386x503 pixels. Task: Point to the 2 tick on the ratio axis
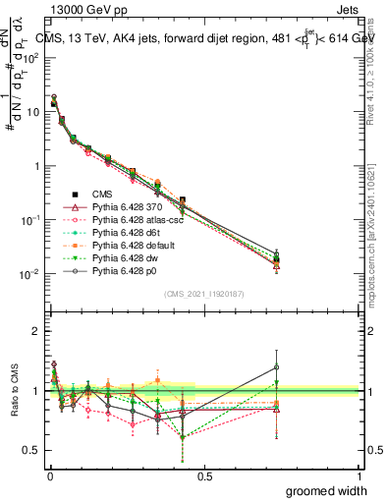point(37,331)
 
